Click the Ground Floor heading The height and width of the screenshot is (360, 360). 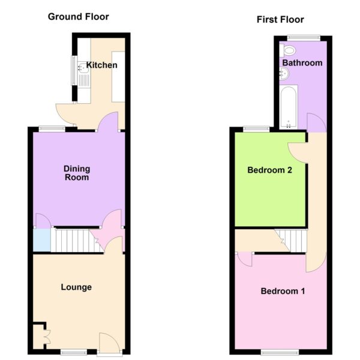pos(78,17)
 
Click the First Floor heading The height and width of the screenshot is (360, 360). pos(280,20)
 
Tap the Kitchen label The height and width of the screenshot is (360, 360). pos(102,65)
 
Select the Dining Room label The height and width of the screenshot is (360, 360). pos(77,173)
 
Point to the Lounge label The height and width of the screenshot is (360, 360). pos(76,287)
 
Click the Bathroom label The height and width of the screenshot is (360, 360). pos(302,62)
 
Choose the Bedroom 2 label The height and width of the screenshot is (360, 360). pos(269,170)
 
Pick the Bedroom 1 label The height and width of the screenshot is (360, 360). pos(283,291)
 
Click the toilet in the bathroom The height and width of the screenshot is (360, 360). pos(287,50)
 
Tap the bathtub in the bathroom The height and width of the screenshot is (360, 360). pos(289,107)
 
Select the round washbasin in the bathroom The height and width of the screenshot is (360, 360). pos(284,74)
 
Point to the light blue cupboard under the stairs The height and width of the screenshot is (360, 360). pos(42,240)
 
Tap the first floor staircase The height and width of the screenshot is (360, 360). pos(292,241)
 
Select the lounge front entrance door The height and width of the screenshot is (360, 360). pos(109,343)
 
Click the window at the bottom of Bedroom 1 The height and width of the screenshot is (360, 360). pos(280,352)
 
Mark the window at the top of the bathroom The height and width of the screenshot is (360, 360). pos(304,38)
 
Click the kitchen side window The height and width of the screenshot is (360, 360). pos(74,70)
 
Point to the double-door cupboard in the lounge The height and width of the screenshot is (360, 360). pos(41,337)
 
